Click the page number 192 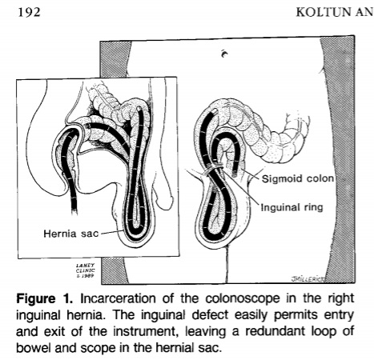29,12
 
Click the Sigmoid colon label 298,178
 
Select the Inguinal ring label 292,207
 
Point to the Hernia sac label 71,234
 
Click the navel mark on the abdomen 224,54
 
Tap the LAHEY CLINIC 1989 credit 85,270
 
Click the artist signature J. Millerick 308,279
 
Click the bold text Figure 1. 44,299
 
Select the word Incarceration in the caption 118,298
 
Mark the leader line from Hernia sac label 111,232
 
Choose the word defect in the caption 211,315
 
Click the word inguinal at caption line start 38,315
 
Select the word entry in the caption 339,315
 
